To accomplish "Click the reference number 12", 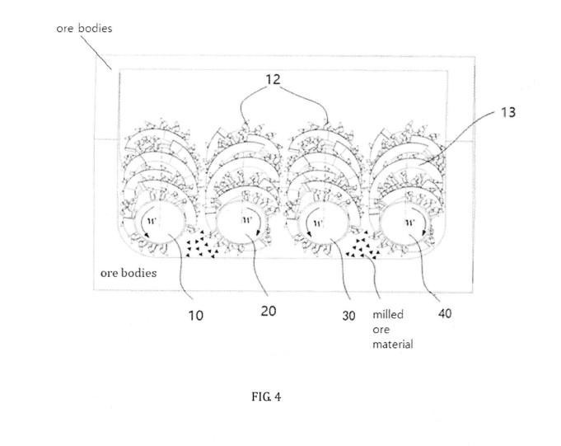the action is pos(273,79).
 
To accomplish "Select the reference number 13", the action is pos(507,112).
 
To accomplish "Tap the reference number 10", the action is pos(196,316).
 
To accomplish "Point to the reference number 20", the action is pos(269,311).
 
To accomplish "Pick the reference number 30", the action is pos(348,316).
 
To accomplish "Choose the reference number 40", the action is pos(445,313).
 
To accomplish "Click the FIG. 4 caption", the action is pos(266,397).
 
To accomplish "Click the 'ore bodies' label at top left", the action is pos(84,28).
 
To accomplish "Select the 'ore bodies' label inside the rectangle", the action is pos(129,273).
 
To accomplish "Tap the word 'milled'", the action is pos(388,314).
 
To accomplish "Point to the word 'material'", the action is pos(393,345).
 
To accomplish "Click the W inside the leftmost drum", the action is pos(152,221).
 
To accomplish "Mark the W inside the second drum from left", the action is pos(246,219).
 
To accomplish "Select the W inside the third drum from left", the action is pos(318,223).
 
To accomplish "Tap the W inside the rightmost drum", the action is pos(410,223).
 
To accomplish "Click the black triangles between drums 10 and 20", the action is pos(201,244).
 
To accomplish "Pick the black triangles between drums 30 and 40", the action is pos(362,245).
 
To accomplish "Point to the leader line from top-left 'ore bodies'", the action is pos(95,52).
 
